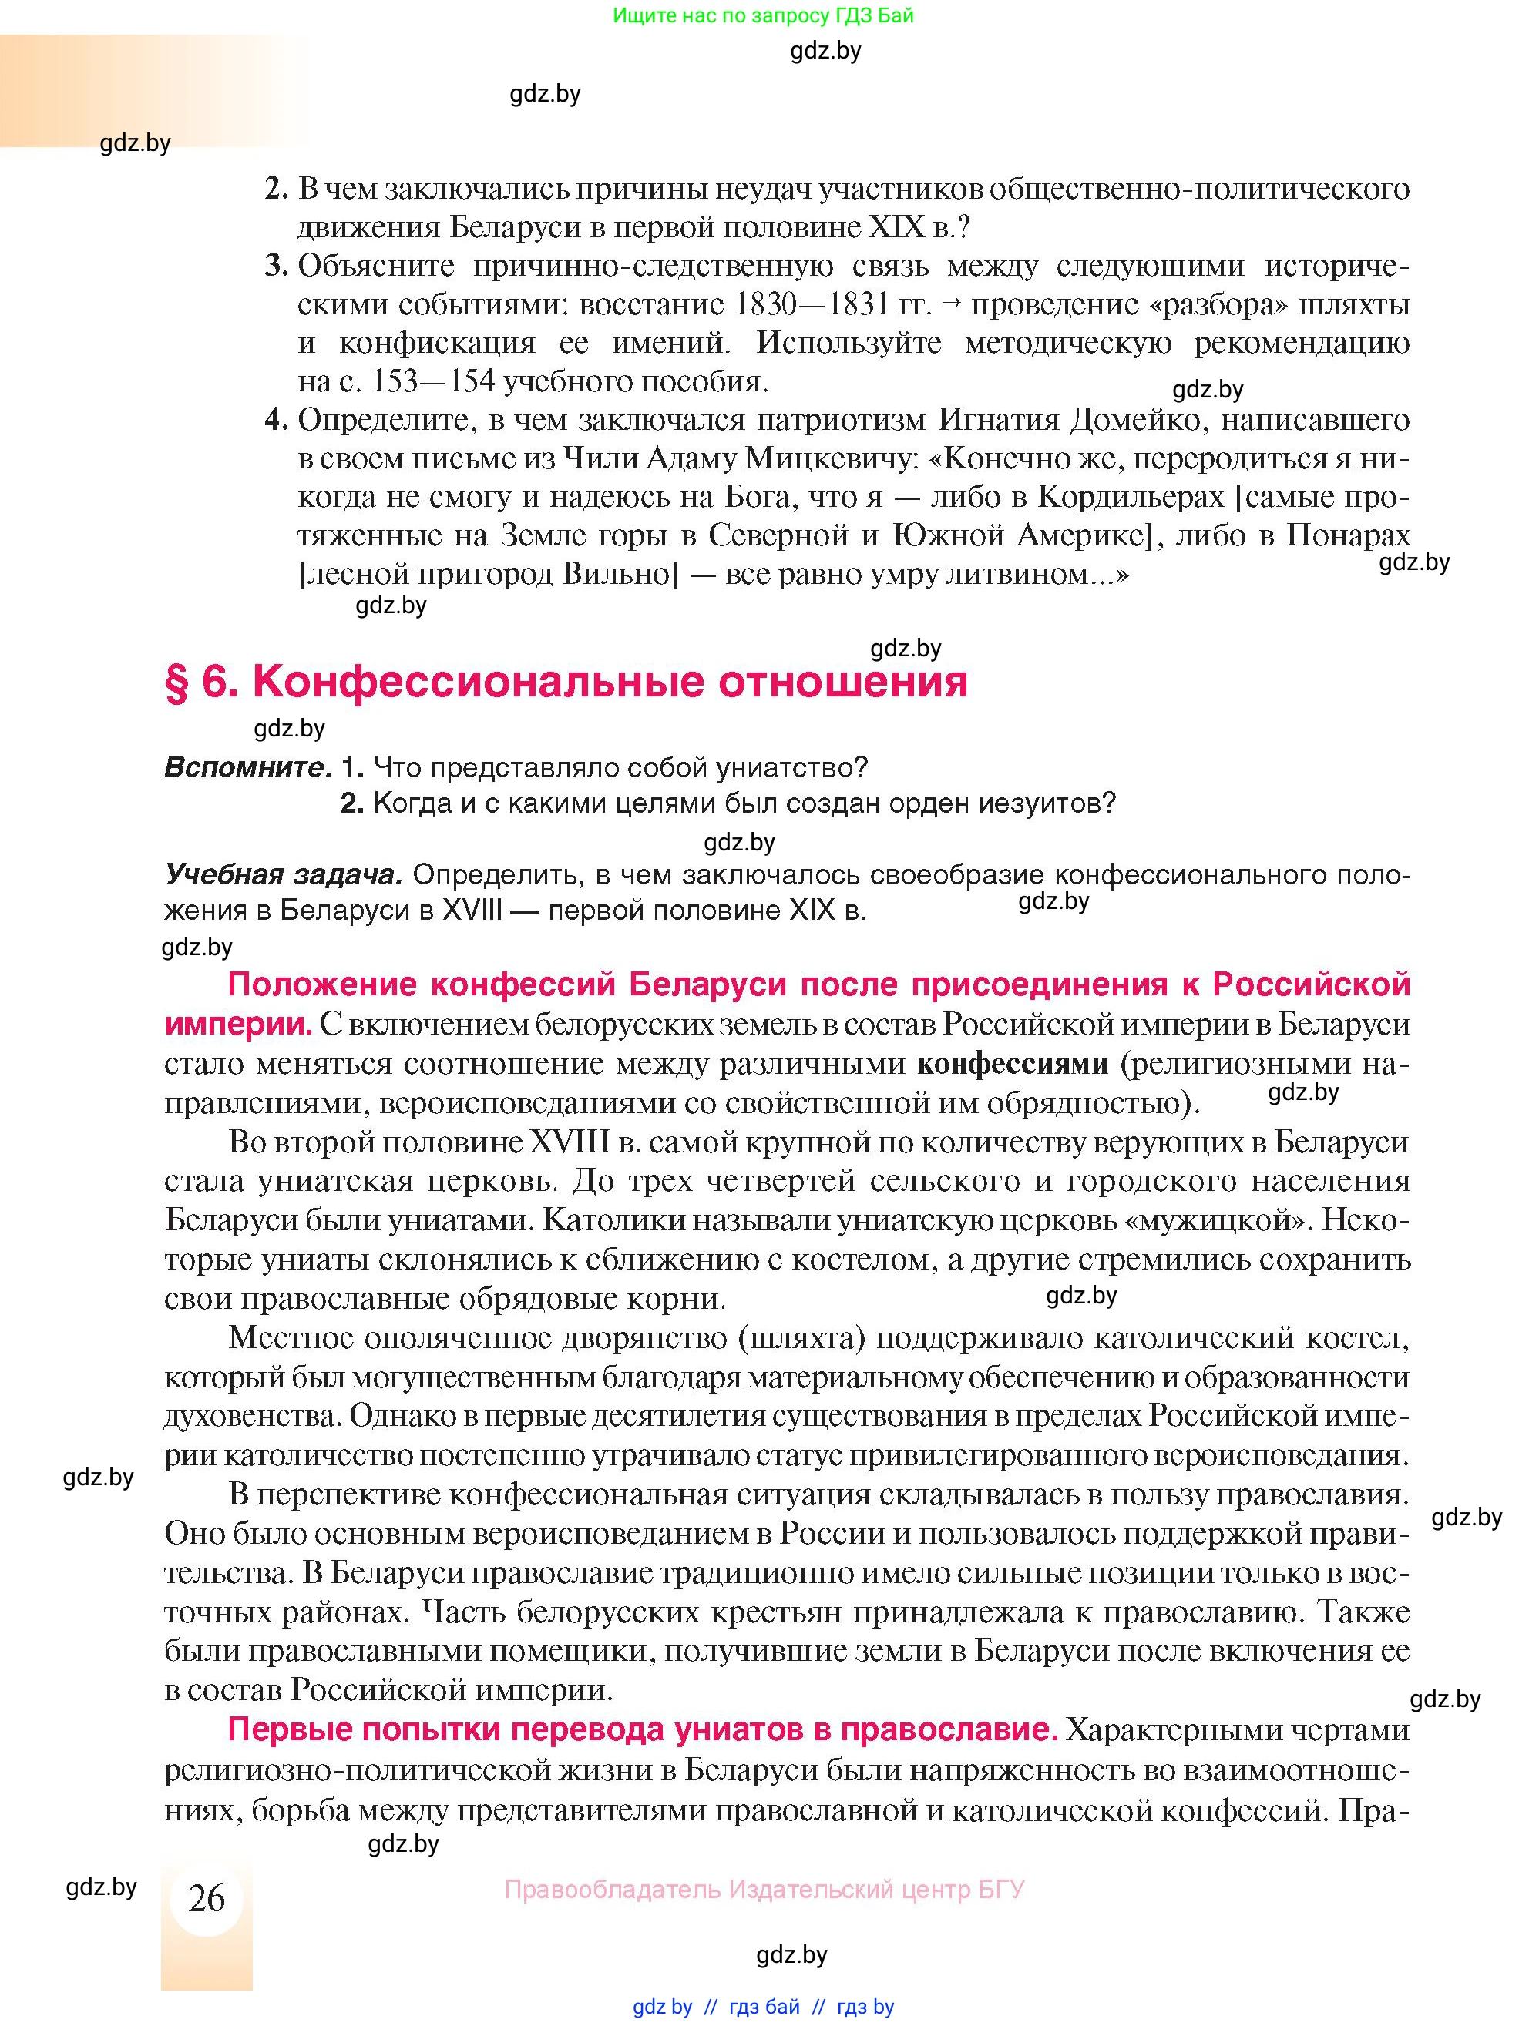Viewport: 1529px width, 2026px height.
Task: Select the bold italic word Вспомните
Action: (x=247, y=767)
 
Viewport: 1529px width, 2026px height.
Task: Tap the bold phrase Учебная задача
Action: (x=283, y=874)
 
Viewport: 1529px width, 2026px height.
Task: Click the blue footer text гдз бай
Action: (x=764, y=2007)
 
